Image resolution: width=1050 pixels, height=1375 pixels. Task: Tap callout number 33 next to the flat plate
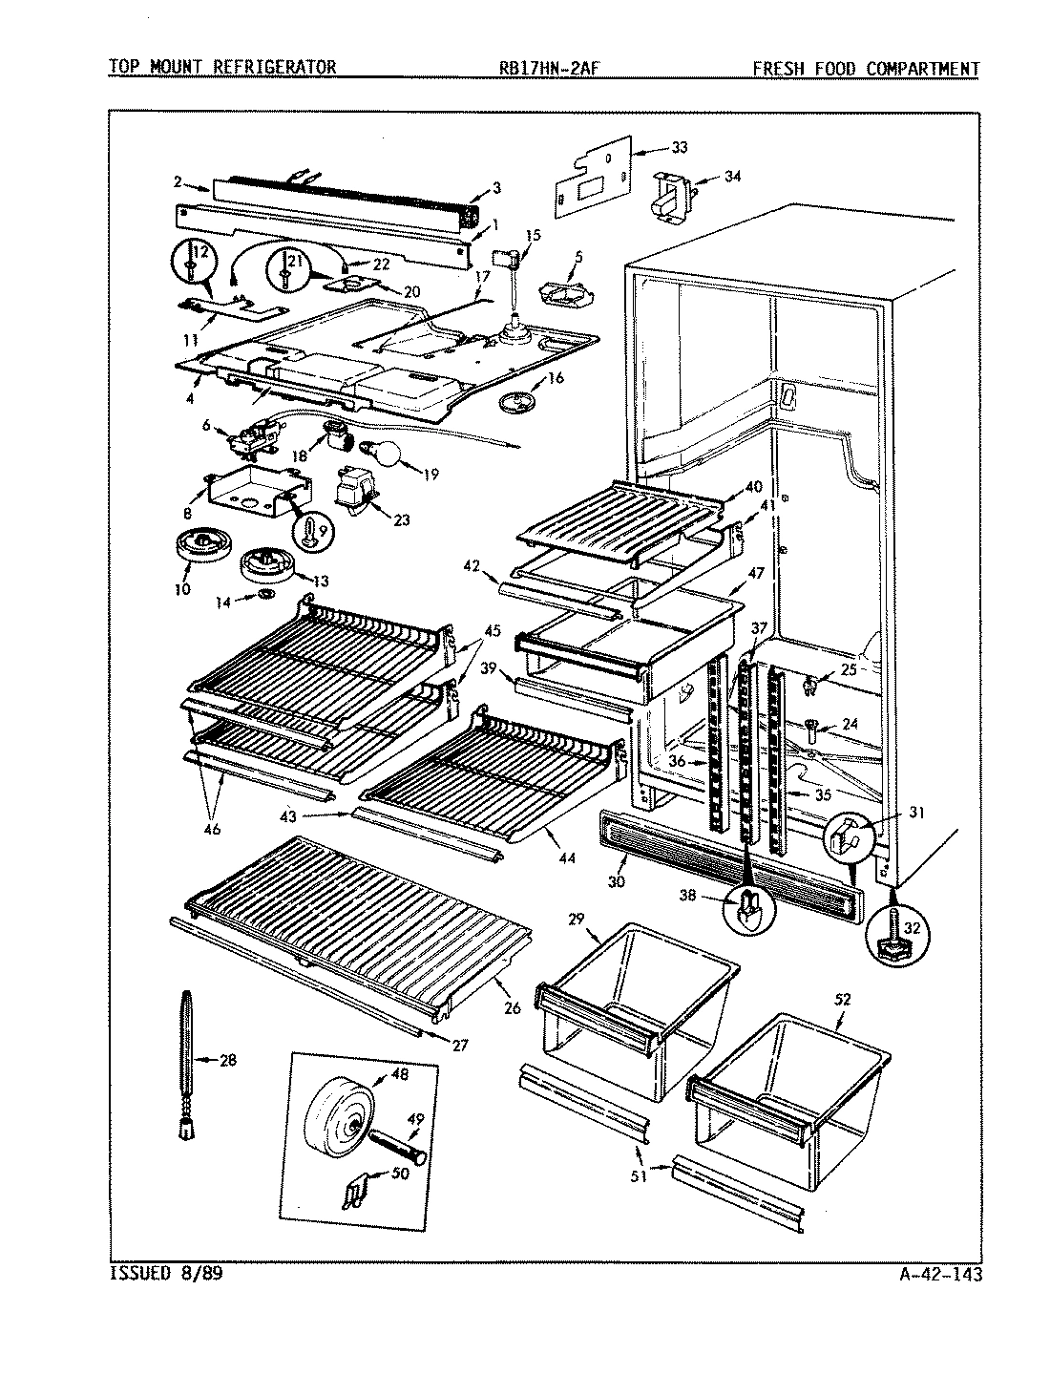[679, 147]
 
